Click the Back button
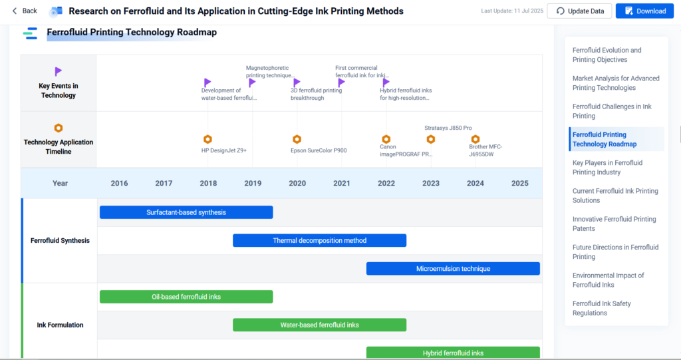(x=25, y=11)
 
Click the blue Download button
(x=644, y=11)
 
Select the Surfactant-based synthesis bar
(x=186, y=212)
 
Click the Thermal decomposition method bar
(x=320, y=240)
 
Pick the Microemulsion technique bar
(x=453, y=269)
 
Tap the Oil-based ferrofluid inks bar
(x=186, y=297)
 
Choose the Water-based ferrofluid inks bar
(x=320, y=325)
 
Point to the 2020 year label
(x=297, y=184)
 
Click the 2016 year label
(x=119, y=184)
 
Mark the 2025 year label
(x=520, y=184)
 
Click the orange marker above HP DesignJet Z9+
(x=207, y=139)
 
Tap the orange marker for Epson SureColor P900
(x=297, y=139)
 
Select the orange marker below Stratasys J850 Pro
(x=430, y=139)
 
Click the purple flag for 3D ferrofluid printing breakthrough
(x=297, y=82)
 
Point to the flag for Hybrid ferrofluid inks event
(x=386, y=82)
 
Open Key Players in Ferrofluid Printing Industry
(x=607, y=168)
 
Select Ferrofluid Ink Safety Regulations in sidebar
(x=601, y=308)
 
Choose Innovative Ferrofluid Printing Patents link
(x=614, y=224)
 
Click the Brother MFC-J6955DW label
(x=485, y=150)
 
